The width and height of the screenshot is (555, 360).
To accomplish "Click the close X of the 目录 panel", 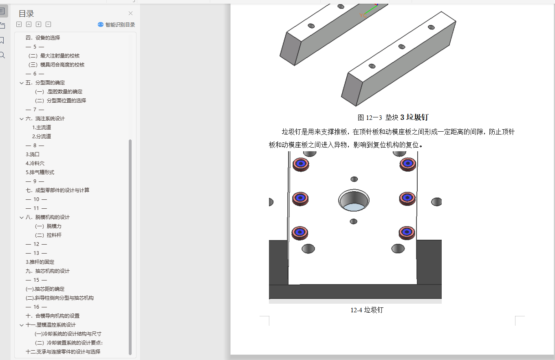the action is (x=130, y=13).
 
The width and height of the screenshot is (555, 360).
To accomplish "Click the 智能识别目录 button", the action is (x=116, y=24).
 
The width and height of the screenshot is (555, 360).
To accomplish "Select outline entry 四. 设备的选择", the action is (x=43, y=38).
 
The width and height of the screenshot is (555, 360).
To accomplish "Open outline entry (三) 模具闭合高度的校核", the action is (x=57, y=65).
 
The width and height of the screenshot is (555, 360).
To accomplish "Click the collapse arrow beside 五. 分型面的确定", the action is (x=22, y=83).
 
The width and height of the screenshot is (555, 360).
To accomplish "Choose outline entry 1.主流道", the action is (x=42, y=128).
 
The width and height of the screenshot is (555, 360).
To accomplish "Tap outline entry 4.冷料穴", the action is (x=35, y=163).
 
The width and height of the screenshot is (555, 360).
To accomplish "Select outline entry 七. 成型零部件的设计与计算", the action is (x=57, y=190).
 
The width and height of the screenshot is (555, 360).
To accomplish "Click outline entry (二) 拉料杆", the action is (x=48, y=235).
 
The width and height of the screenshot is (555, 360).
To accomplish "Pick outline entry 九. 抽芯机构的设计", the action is (x=48, y=271).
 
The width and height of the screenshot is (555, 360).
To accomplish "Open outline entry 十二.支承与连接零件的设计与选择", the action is (x=63, y=351).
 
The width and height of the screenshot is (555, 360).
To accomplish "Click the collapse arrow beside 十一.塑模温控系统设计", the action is (x=22, y=325).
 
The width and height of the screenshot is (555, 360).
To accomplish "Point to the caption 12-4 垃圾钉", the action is (x=367, y=310).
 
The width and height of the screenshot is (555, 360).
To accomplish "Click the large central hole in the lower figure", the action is (x=354, y=200).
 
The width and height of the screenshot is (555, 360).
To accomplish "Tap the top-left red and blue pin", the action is (x=301, y=164).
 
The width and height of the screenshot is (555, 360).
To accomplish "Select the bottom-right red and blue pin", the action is (x=407, y=232).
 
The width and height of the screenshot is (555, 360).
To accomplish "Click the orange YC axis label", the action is (x=363, y=15).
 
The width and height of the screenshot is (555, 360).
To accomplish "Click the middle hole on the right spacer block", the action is (x=402, y=46).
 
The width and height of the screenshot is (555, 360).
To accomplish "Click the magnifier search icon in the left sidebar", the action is (x=2, y=55).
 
